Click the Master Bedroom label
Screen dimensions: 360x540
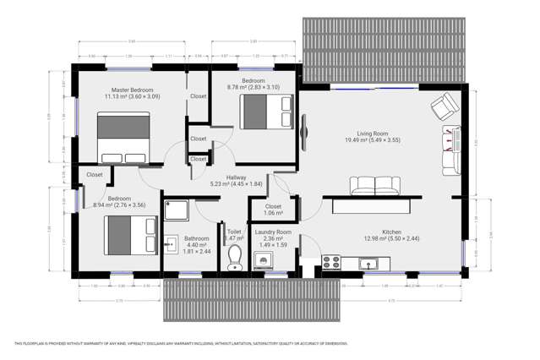tap(132, 90)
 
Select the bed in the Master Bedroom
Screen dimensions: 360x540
tap(123, 137)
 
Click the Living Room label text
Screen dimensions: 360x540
tap(372, 134)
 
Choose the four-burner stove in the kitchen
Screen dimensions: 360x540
tap(330, 263)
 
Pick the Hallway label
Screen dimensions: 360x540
tap(236, 177)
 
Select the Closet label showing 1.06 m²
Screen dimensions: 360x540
tap(273, 210)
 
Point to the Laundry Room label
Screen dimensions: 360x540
tap(273, 232)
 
